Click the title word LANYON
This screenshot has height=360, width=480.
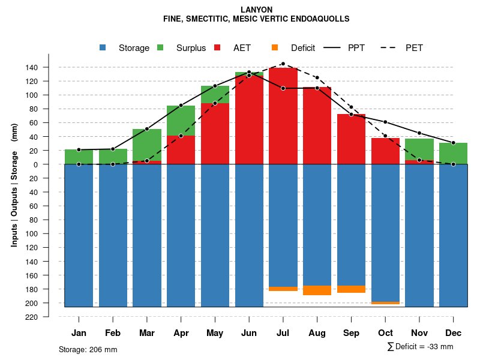pyautogui.click(x=256, y=10)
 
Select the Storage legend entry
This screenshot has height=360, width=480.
pyautogui.click(x=126, y=48)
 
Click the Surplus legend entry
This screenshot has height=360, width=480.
pyautogui.click(x=183, y=48)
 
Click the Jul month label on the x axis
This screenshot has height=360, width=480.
pyautogui.click(x=283, y=333)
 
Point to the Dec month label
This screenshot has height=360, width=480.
pyautogui.click(x=454, y=333)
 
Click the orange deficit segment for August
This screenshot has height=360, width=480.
pyautogui.click(x=317, y=290)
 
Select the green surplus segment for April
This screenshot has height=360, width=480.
pyautogui.click(x=181, y=121)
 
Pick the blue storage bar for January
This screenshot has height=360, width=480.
pyautogui.click(x=79, y=234)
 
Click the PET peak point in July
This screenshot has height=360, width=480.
pyautogui.click(x=283, y=64)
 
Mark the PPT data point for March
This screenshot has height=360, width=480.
pyautogui.click(x=147, y=129)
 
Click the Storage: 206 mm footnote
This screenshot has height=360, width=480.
pyautogui.click(x=88, y=349)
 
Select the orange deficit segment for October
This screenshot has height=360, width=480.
pyautogui.click(x=386, y=303)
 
